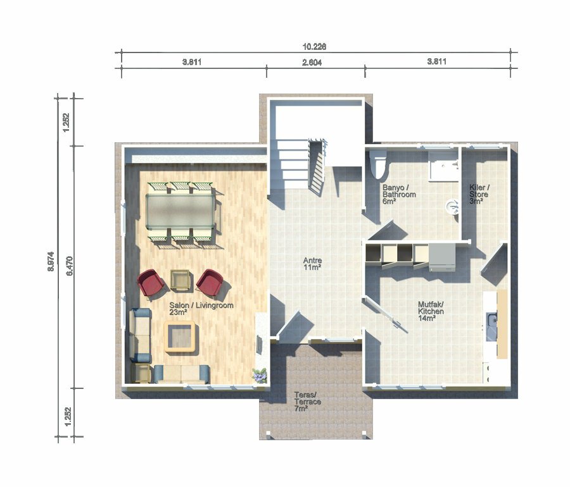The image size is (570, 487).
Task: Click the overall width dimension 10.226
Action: pos(314,47)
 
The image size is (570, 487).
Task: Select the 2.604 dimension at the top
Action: pos(312,63)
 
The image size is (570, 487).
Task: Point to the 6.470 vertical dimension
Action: pos(70,266)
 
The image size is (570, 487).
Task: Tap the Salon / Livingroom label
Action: pos(201,305)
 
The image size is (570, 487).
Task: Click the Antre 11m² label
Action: pos(312,264)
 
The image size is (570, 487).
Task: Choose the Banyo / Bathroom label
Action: pos(399,195)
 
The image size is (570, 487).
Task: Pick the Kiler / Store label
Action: pos(479,194)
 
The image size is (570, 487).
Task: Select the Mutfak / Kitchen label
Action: pos(431,311)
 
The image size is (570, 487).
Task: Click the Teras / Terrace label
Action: pos(308,402)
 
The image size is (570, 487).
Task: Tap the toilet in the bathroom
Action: pos(378,164)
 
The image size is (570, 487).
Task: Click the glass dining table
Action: pos(180,211)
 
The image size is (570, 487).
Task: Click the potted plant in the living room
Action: pos(260,376)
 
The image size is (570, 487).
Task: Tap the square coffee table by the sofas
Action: pos(180,336)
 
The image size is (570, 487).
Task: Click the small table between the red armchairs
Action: pos(180,280)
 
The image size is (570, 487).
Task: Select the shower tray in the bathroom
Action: pos(443,166)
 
